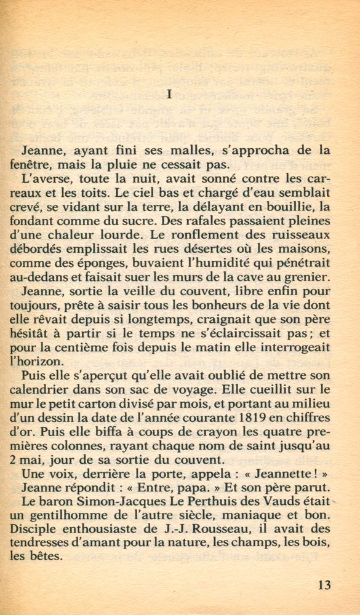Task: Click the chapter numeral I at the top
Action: pyautogui.click(x=169, y=94)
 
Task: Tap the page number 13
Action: pyautogui.click(x=324, y=585)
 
